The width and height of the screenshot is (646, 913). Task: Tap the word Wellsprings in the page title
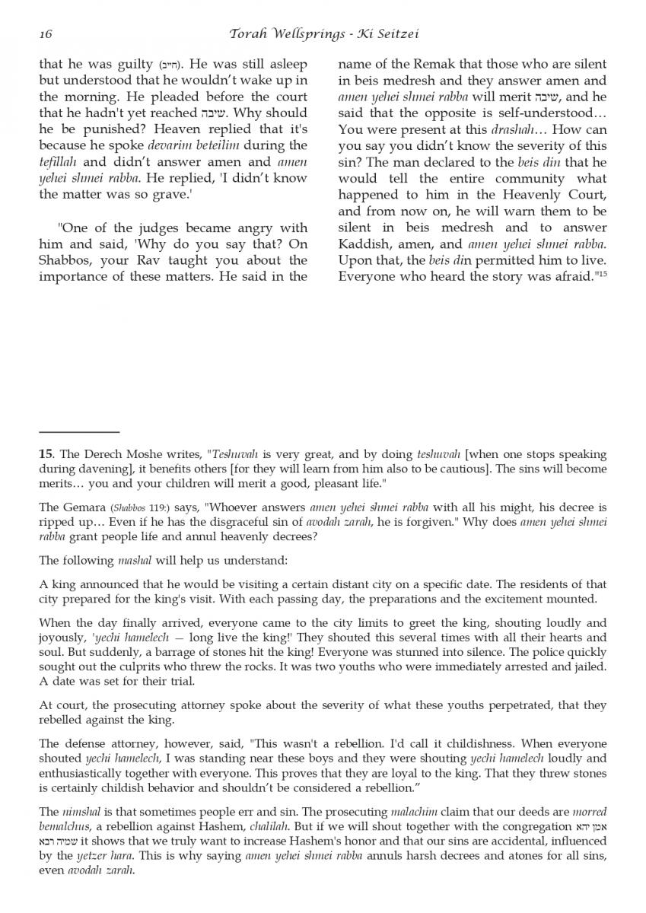[303, 34]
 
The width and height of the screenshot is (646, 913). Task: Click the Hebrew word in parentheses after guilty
[170, 66]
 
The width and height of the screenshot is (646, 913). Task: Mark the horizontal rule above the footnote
[79, 432]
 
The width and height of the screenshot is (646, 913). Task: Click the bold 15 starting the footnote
[45, 454]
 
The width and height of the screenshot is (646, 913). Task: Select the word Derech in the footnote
[95, 454]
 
